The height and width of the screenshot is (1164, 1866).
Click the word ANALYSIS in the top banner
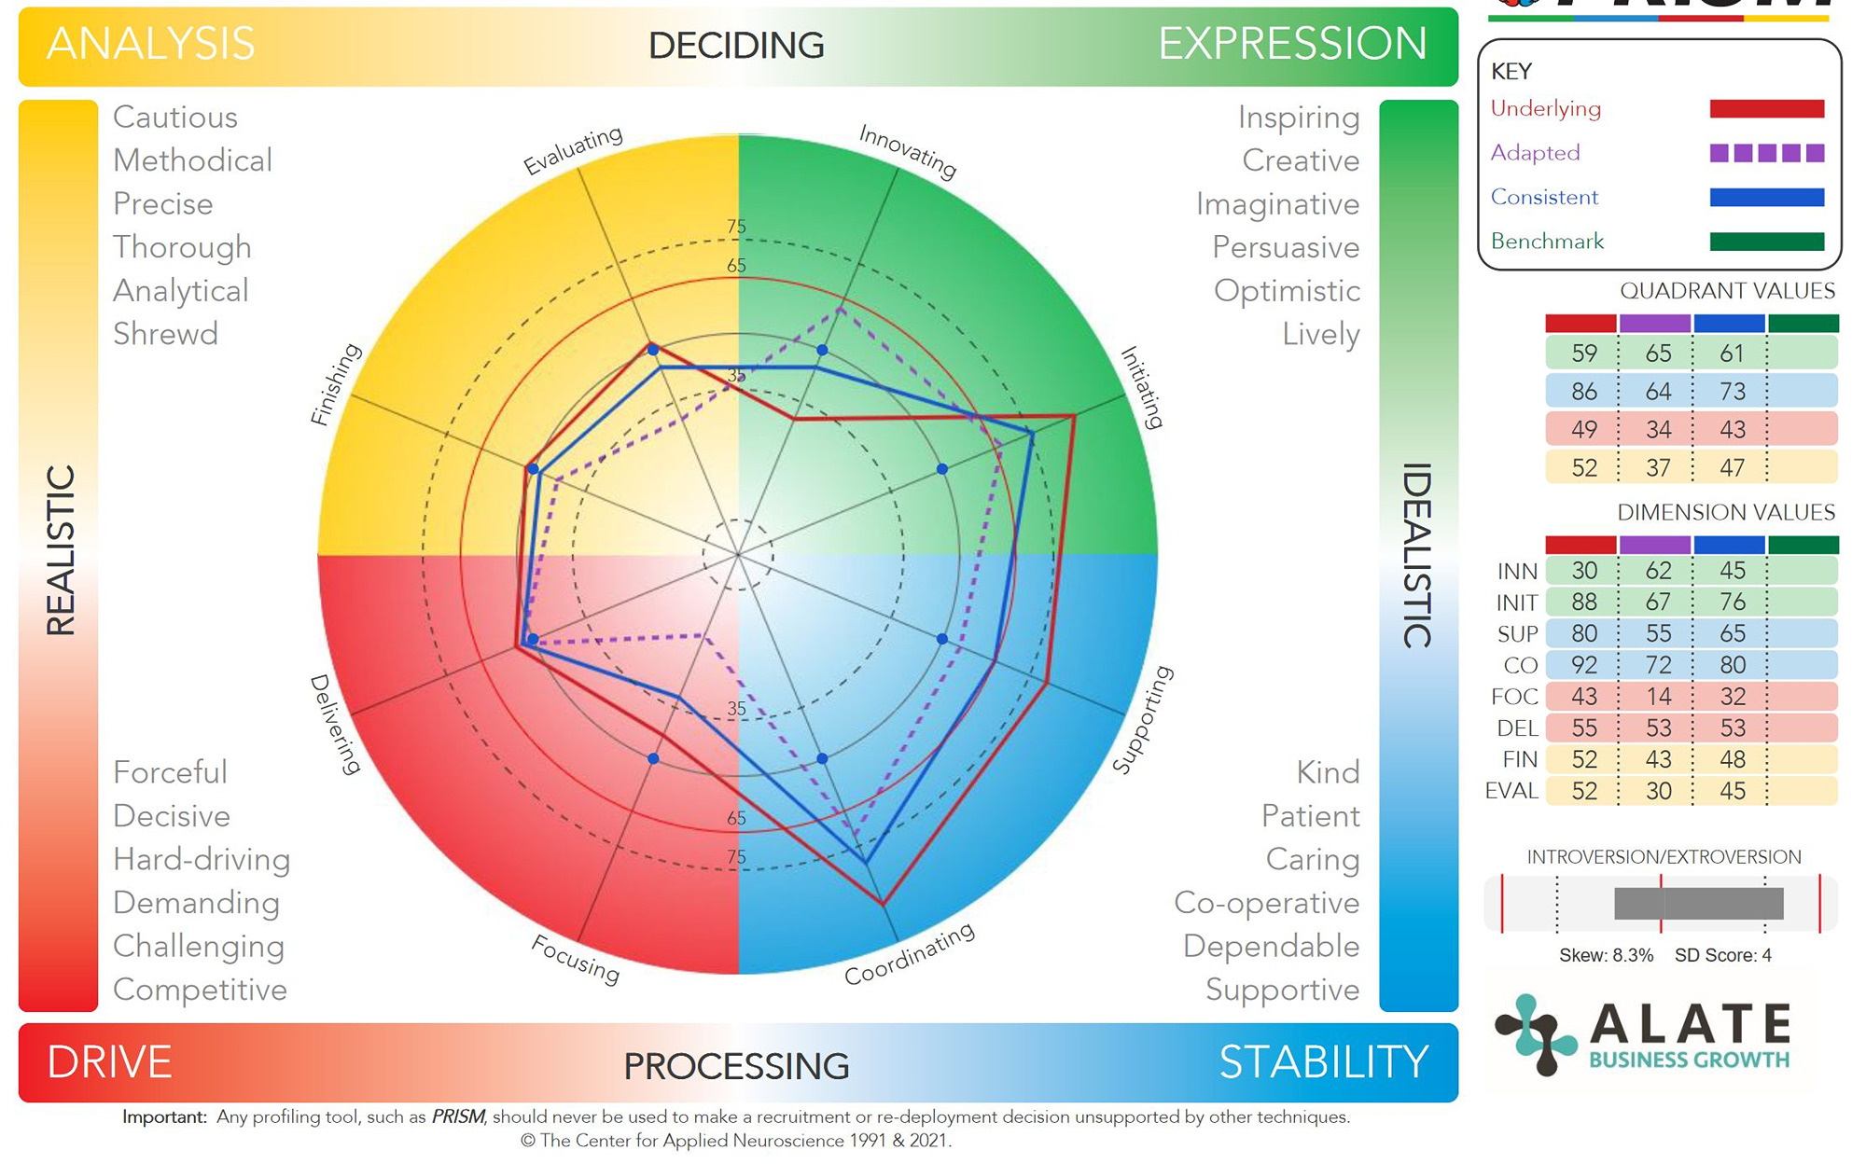coord(150,44)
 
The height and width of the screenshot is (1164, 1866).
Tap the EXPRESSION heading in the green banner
coord(1292,44)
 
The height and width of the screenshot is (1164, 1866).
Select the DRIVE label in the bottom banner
coord(109,1062)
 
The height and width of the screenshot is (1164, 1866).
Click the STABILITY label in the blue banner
coord(1323,1062)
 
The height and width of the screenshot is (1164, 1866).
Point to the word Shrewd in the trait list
coord(165,334)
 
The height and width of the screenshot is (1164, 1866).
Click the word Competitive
coord(200,990)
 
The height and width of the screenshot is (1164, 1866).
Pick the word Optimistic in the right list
coord(1287,291)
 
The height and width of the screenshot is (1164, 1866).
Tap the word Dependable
coord(1271,946)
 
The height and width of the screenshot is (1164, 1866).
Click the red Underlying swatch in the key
coord(1766,109)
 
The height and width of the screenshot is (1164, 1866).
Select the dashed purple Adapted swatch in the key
coord(1766,153)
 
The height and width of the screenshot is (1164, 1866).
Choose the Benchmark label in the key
coord(1547,242)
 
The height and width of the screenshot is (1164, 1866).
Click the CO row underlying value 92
coord(1583,665)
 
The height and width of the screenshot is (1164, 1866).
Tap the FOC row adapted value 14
coord(1658,697)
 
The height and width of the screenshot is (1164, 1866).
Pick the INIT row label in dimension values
coord(1516,603)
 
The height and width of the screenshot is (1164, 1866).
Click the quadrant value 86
coord(1583,392)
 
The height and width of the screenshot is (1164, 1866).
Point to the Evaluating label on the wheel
coord(573,150)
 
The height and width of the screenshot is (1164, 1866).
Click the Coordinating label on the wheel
coord(910,953)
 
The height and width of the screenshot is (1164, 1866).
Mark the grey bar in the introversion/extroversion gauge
coord(1698,904)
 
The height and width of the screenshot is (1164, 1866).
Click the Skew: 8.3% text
coord(1606,955)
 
